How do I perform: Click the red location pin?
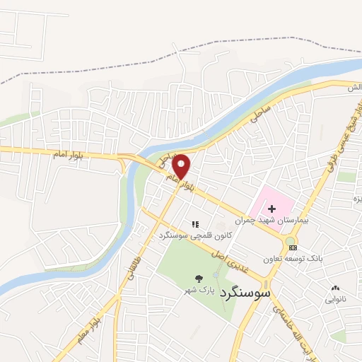182,165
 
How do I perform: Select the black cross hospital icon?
271,209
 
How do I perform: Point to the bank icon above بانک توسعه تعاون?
293,247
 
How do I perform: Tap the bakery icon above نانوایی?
335,288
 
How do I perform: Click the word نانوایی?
335,300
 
